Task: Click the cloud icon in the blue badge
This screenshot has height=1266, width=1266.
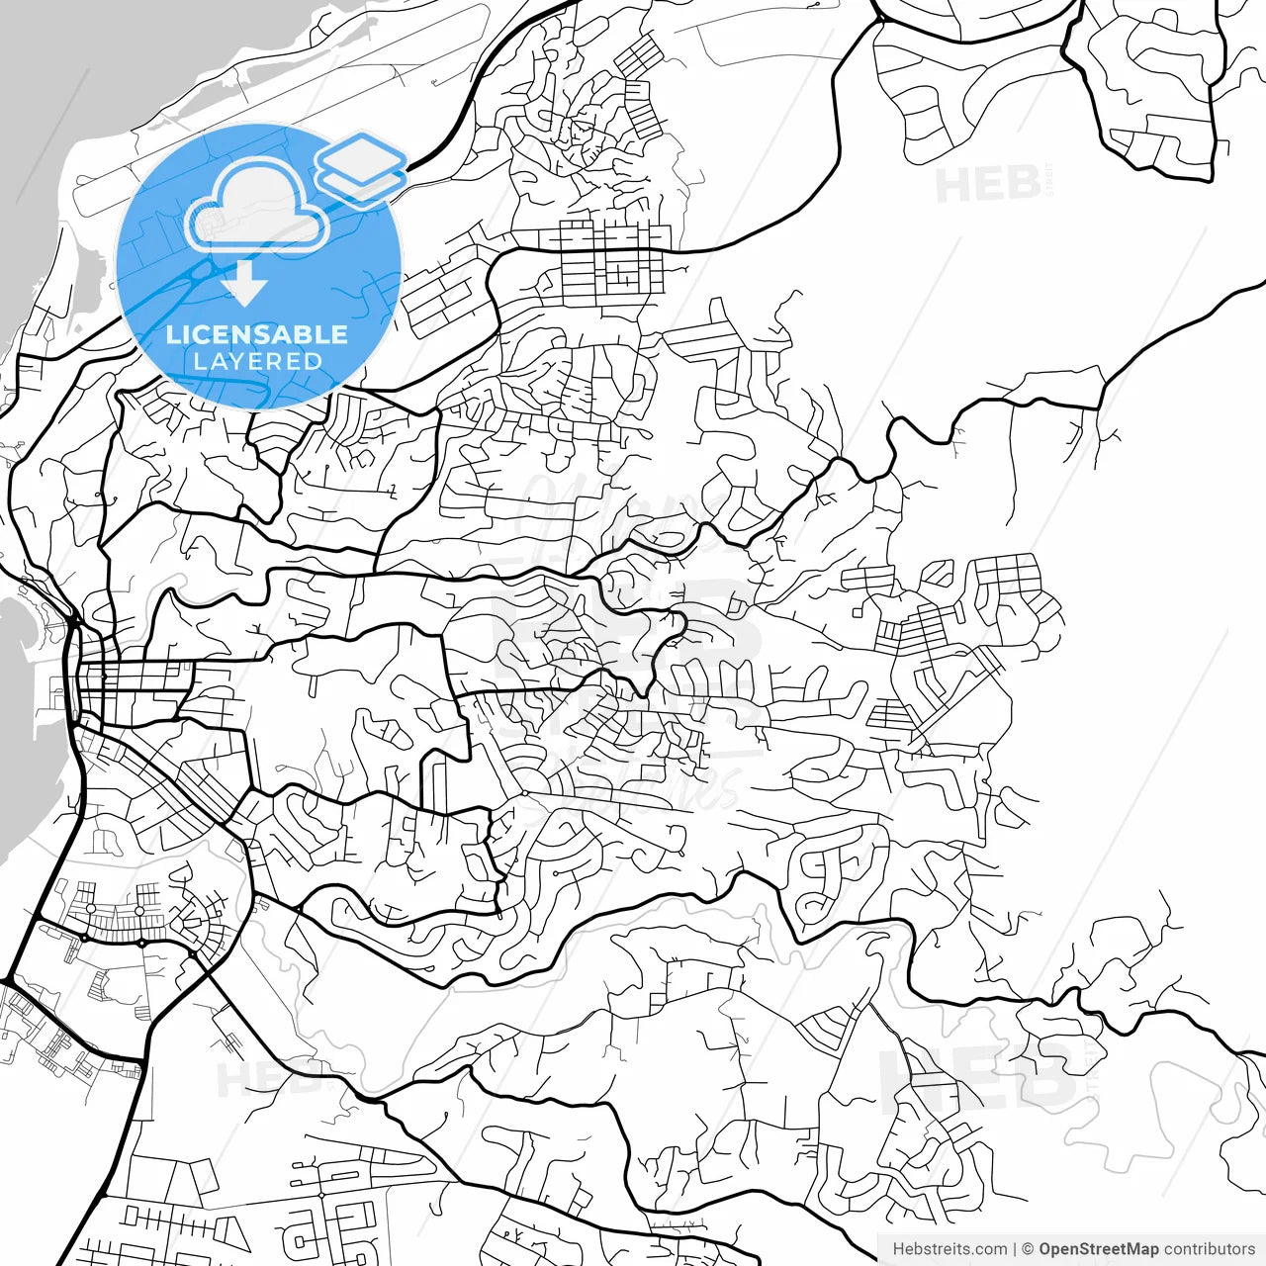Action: coord(257,206)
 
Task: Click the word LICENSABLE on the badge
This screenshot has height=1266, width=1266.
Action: coord(257,334)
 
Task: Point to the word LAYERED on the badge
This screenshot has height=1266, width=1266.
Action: coord(257,362)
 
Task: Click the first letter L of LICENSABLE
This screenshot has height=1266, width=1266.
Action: coord(172,334)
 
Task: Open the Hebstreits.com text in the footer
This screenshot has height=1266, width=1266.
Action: coord(949,1249)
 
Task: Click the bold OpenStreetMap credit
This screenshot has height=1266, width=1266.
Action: coord(1098,1249)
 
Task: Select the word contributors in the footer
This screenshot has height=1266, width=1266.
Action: coord(1209,1249)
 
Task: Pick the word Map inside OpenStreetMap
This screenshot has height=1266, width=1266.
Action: coord(1140,1249)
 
